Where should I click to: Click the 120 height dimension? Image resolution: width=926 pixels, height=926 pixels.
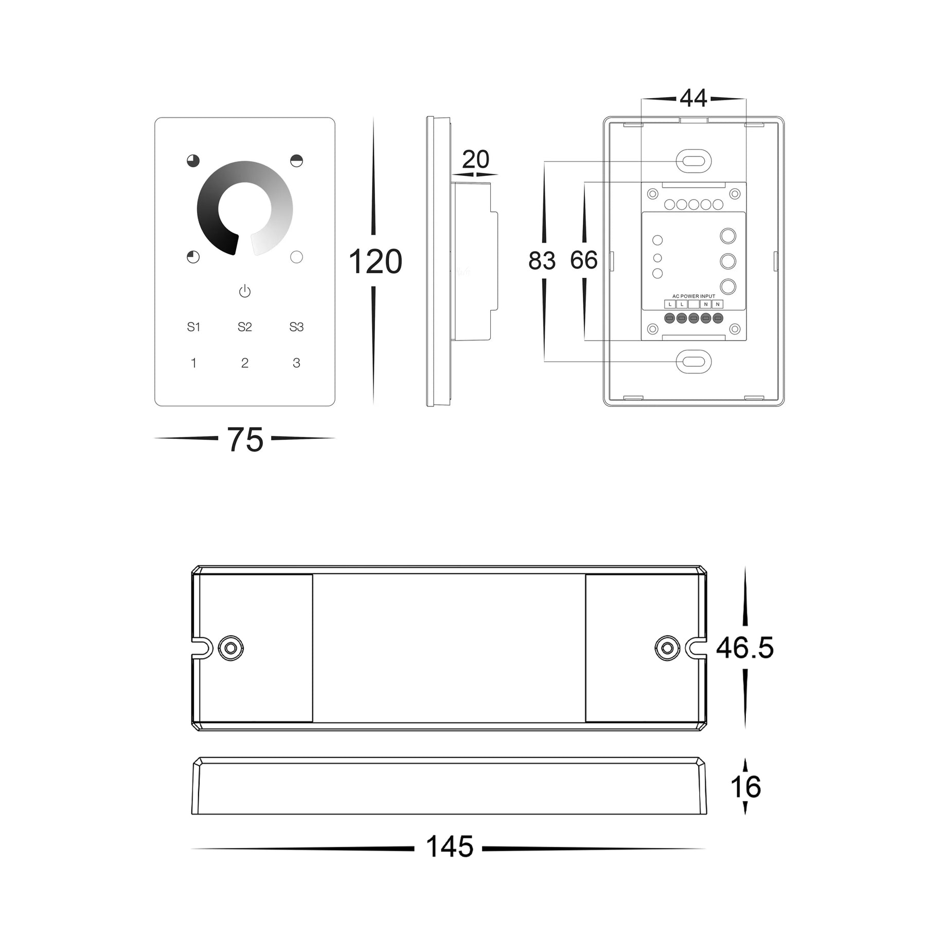click(375, 262)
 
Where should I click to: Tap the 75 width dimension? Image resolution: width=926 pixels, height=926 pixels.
click(245, 440)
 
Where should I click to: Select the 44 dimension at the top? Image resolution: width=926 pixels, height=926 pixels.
click(693, 98)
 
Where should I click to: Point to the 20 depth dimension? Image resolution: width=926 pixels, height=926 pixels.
click(475, 159)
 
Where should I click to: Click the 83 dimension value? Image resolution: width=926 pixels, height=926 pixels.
click(542, 261)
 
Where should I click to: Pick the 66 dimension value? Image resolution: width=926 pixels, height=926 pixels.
click(584, 260)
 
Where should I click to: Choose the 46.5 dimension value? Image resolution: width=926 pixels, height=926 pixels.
click(745, 648)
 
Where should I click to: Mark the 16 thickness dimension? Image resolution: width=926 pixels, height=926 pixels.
click(745, 787)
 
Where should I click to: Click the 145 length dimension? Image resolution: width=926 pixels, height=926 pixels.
click(450, 847)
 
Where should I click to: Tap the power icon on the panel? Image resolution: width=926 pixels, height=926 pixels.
click(245, 291)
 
